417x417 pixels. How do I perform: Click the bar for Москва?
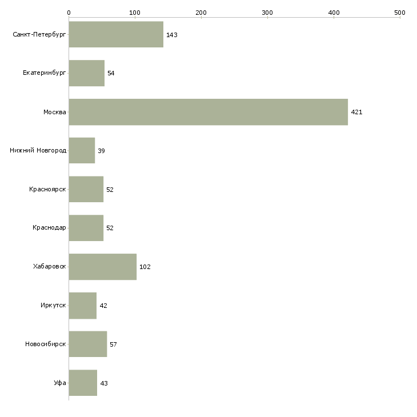point(209,112)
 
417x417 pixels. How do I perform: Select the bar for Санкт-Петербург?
point(116,34)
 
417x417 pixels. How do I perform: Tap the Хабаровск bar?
point(103,267)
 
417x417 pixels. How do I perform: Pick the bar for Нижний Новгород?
point(82,151)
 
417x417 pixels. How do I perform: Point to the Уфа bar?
point(83,383)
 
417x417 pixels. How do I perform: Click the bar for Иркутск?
point(83,306)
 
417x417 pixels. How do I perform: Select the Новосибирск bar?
point(88,344)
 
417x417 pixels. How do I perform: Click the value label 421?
point(356,112)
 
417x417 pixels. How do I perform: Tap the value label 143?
point(172,35)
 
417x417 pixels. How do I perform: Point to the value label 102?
point(145,267)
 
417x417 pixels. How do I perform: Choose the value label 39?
point(101,151)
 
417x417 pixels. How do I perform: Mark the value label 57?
point(113,344)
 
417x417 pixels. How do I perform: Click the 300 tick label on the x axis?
point(267,13)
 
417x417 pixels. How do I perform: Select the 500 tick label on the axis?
point(400,13)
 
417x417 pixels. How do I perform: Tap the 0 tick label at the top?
point(69,13)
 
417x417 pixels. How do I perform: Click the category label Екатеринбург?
point(44,73)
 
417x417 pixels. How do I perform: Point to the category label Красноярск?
point(47,189)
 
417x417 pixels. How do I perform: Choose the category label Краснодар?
point(49,228)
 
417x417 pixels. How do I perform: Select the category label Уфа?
point(60,383)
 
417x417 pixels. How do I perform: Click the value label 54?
point(111,73)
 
